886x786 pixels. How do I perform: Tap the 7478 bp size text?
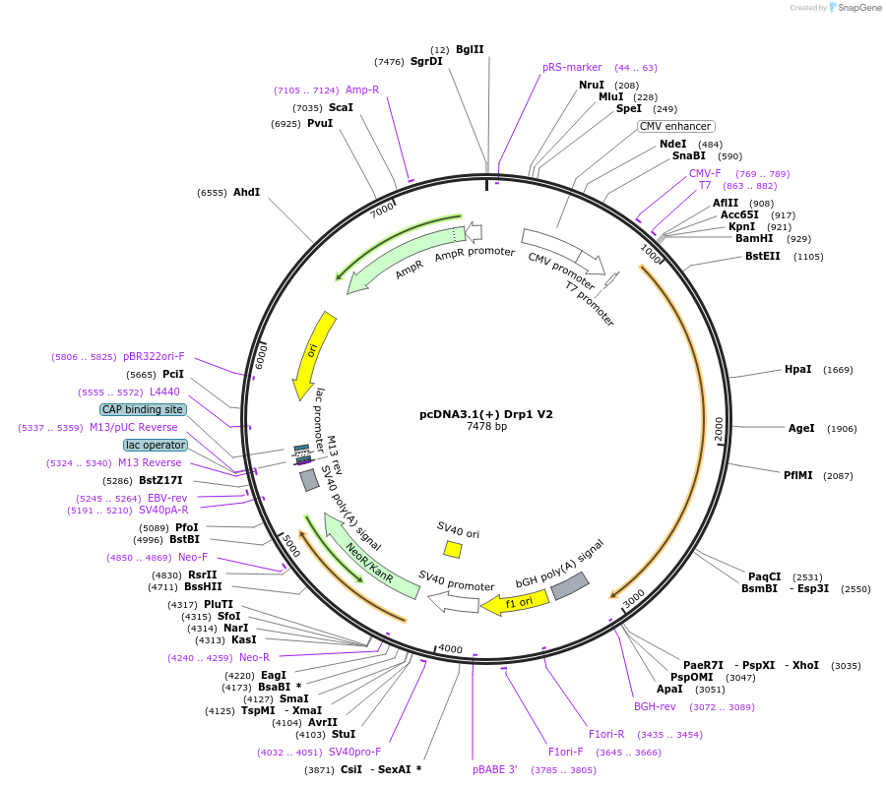pos(486,427)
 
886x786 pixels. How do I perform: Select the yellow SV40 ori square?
pos(453,548)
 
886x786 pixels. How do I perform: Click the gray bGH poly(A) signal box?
pos(569,586)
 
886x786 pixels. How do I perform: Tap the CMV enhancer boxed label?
pos(675,126)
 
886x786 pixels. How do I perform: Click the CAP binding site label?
pos(143,409)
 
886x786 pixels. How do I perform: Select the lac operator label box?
pos(155,445)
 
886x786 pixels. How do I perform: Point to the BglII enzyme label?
pos(470,49)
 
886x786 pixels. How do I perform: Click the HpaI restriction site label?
pos(797,370)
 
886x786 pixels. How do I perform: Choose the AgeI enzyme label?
pos(801,428)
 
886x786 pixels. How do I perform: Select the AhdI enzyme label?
pos(246,193)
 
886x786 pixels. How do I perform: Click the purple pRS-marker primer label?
pos(572,68)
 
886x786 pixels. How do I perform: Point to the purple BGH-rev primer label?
pos(655,706)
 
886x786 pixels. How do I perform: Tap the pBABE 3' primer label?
pos(494,769)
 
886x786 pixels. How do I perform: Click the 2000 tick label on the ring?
pos(719,429)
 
